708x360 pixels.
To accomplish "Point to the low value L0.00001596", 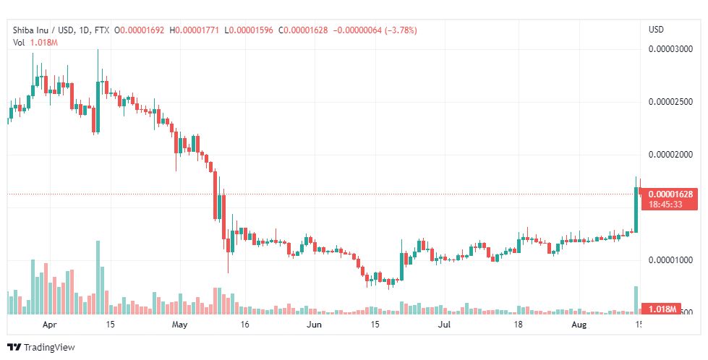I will pos(249,30).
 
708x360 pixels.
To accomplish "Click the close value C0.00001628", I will pos(304,30).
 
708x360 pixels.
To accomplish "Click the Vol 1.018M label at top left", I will pos(35,43).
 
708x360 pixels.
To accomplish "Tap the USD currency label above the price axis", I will pos(656,30).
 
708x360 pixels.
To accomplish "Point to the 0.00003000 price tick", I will pos(673,50).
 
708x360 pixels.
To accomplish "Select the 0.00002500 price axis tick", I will pos(673,102).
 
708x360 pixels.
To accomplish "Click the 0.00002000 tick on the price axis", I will pos(673,155).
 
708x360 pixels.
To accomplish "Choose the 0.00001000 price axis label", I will pos(673,260).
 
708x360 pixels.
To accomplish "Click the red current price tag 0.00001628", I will pos(671,194).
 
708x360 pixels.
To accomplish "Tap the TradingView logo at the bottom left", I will pos(41,348).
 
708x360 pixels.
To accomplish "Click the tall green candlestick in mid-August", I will pos(636,210).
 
